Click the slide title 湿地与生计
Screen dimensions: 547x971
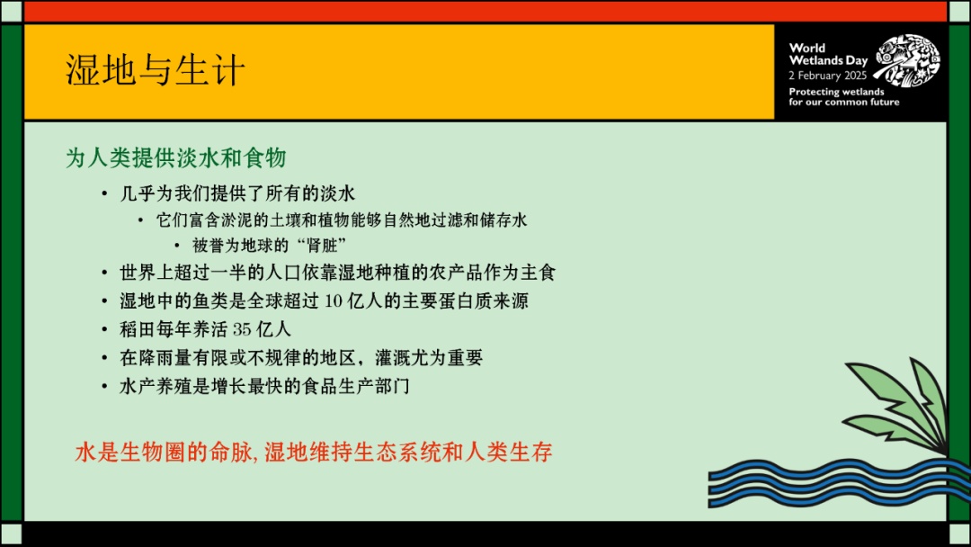click(x=156, y=71)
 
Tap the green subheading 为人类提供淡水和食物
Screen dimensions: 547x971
click(x=176, y=158)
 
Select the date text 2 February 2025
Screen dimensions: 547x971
click(x=827, y=76)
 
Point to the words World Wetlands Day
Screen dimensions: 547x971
click(x=827, y=55)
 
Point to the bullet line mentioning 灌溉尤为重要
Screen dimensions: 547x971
click(x=301, y=358)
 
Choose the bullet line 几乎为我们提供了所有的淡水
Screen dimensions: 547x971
click(x=245, y=194)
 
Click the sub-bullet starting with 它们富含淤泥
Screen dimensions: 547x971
click(x=341, y=220)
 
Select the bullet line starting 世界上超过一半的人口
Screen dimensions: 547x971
click(x=343, y=273)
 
